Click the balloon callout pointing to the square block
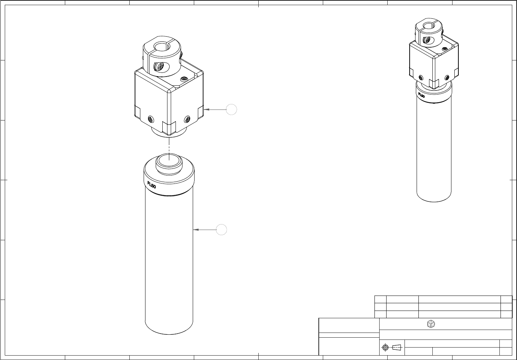point(231,110)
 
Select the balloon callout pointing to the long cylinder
point(221,230)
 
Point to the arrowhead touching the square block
point(206,110)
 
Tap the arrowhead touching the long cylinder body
point(196,230)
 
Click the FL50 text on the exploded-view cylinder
point(152,185)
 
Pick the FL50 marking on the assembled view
point(421,95)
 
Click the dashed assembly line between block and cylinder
point(169,149)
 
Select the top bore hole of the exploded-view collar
point(162,47)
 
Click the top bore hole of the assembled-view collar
point(429,25)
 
